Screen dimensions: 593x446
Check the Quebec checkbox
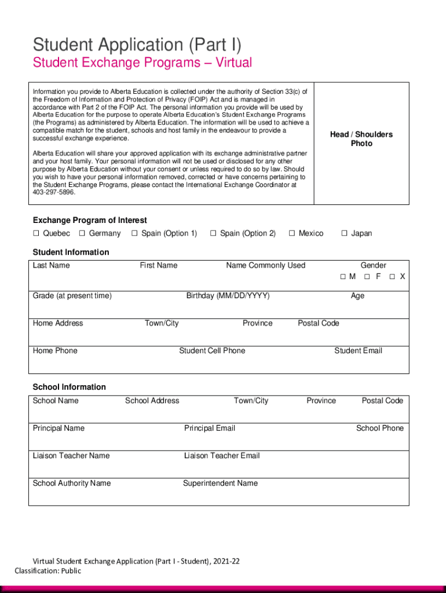[36, 233]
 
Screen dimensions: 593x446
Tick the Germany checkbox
[82, 233]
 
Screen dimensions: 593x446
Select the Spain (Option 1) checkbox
[134, 233]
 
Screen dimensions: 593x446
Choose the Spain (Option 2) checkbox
[213, 233]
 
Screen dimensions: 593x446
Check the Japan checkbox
[344, 233]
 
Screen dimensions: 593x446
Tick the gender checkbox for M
[343, 277]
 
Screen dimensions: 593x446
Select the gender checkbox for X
[393, 277]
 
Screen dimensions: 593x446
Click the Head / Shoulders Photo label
[361, 139]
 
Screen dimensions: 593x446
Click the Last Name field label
[51, 265]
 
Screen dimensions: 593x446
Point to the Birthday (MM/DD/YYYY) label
[228, 296]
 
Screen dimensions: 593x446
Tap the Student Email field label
[358, 350]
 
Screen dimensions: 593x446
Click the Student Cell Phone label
[212, 350]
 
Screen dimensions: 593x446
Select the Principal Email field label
[210, 428]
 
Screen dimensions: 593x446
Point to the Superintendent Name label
[220, 483]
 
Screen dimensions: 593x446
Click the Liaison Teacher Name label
[71, 456]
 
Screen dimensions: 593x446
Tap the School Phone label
[379, 428]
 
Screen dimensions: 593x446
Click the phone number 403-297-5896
[54, 192]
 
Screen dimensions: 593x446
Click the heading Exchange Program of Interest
[90, 220]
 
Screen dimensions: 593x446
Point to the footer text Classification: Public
[48, 570]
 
